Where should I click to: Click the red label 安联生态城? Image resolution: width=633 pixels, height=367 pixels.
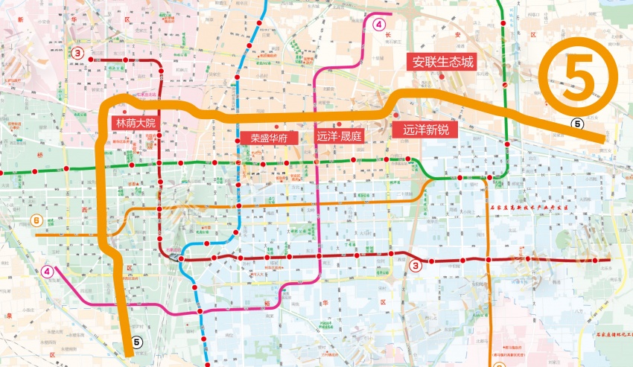444,63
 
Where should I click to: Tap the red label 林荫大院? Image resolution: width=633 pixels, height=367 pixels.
135,123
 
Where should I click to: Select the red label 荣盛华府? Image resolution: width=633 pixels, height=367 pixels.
269,138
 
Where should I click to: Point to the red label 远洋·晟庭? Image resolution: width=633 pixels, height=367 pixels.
339,136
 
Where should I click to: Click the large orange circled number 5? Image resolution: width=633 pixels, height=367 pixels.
579,74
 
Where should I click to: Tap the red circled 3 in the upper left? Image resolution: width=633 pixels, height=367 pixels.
77,53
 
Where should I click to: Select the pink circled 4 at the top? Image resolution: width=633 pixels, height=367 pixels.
380,24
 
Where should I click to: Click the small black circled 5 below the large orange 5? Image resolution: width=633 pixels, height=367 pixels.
576,124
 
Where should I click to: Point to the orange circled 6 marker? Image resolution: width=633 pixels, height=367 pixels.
36,221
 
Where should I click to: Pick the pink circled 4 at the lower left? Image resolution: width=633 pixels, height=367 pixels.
48,272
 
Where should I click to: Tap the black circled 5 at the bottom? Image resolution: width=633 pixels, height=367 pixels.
136,342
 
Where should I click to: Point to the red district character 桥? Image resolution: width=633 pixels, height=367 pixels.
37,155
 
